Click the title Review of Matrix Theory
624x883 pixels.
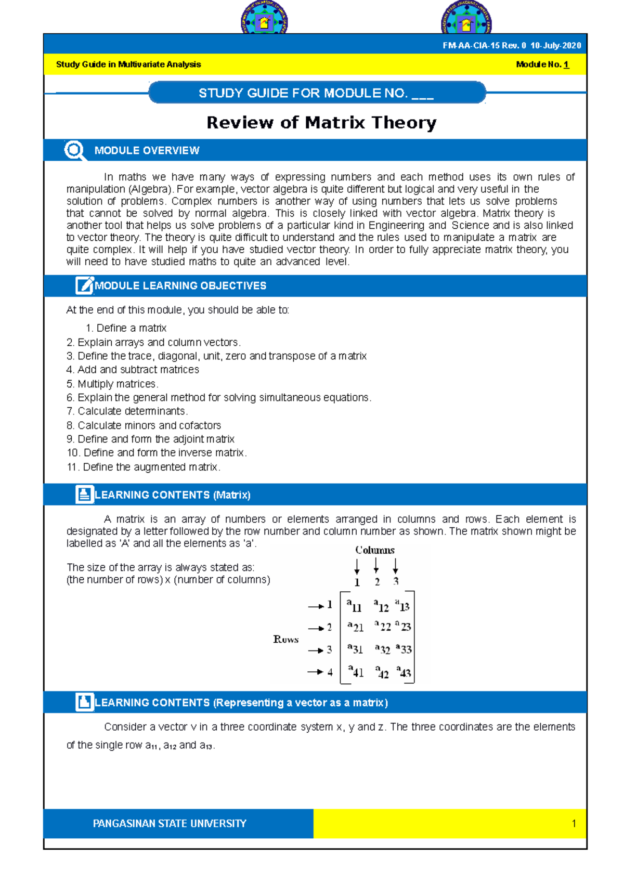(321, 123)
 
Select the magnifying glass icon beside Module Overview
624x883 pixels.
(74, 150)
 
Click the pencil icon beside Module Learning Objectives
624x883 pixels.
(84, 285)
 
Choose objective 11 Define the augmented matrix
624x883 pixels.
(144, 467)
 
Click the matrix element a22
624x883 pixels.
(383, 626)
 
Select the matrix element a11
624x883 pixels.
(355, 605)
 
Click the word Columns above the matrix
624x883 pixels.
(375, 550)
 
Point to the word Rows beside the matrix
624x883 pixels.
(286, 639)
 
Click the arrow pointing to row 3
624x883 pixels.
(315, 651)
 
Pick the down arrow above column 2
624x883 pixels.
(376, 565)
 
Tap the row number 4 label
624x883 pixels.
(330, 672)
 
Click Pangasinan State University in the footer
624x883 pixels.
(170, 823)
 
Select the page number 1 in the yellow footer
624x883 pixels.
(574, 823)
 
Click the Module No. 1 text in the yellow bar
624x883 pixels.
(542, 64)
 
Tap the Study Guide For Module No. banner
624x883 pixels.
(317, 93)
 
